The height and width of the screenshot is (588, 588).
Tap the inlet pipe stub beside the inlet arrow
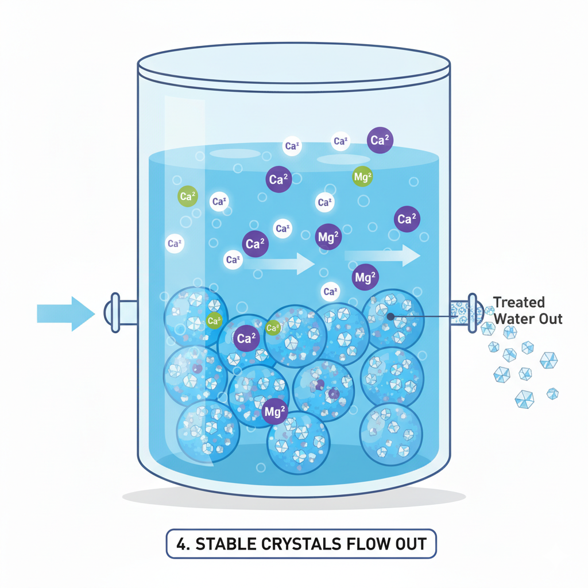click(118, 313)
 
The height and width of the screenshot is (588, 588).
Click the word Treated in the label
click(519, 303)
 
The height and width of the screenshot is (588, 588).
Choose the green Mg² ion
click(362, 177)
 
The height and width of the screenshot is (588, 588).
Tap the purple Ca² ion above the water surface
click(380, 141)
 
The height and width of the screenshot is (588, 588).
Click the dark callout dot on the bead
click(390, 315)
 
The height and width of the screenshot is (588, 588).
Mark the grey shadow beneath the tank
click(293, 497)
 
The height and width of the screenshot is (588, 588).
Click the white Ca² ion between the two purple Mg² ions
click(330, 292)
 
